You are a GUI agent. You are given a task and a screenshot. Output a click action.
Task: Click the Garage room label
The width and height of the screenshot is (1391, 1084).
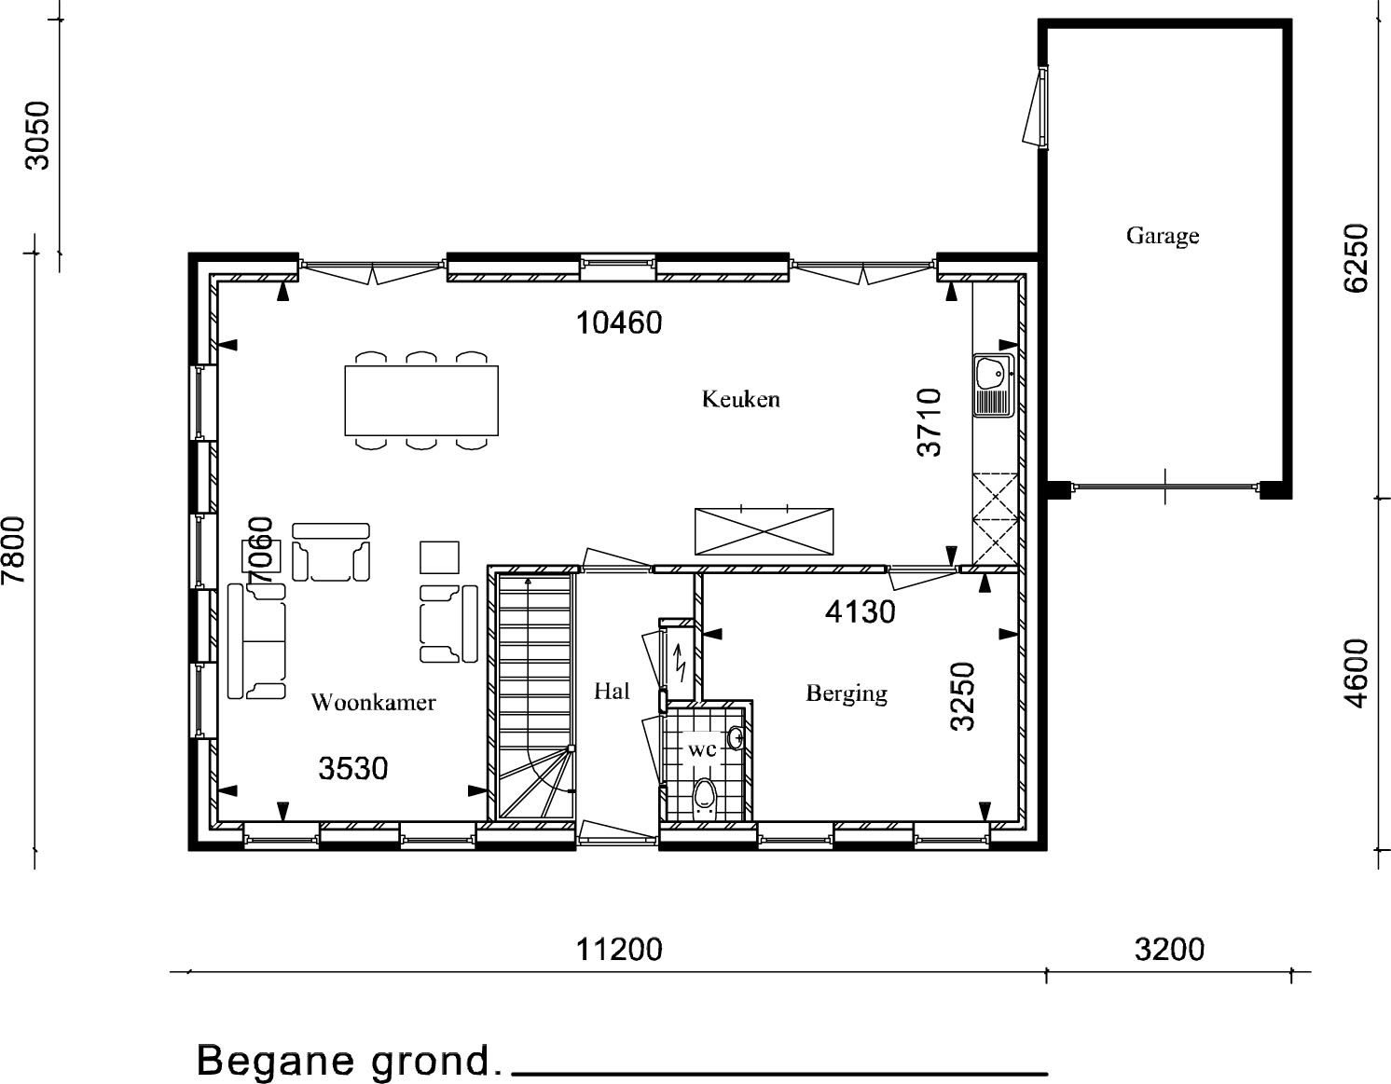(1163, 236)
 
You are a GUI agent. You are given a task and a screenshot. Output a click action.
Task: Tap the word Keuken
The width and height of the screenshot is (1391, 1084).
(740, 399)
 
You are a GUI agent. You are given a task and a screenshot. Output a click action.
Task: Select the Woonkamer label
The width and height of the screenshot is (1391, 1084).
(373, 703)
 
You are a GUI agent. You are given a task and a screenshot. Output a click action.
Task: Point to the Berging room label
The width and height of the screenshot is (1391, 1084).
(847, 693)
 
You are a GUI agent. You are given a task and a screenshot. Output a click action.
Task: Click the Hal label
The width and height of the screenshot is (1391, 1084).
(612, 691)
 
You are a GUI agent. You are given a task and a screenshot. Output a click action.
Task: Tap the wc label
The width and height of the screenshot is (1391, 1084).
(702, 750)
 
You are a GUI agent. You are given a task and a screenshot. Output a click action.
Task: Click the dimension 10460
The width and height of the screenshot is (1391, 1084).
(619, 323)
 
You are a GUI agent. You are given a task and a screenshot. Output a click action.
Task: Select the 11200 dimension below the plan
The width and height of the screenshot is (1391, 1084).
(619, 950)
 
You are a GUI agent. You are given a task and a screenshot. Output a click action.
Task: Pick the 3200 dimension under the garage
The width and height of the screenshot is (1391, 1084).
(1169, 950)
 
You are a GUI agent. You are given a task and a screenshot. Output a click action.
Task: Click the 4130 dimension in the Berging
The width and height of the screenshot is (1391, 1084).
(860, 612)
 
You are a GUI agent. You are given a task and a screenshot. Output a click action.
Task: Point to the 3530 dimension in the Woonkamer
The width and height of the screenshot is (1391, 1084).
(353, 769)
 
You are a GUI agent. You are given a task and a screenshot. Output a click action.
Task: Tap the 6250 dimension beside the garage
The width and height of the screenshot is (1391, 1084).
(1355, 258)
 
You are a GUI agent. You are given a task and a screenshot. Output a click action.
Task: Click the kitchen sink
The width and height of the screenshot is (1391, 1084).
(994, 385)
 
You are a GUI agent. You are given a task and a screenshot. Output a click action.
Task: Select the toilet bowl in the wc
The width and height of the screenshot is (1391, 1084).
(704, 796)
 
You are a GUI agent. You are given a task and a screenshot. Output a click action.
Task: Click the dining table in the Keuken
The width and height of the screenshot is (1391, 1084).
(421, 401)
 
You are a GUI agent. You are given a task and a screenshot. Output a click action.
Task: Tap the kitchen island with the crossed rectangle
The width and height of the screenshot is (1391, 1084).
(764, 532)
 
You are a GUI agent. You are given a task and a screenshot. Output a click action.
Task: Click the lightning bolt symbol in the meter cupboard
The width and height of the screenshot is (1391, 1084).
(679, 664)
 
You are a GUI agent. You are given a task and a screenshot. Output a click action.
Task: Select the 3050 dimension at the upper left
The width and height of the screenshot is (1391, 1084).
(37, 135)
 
